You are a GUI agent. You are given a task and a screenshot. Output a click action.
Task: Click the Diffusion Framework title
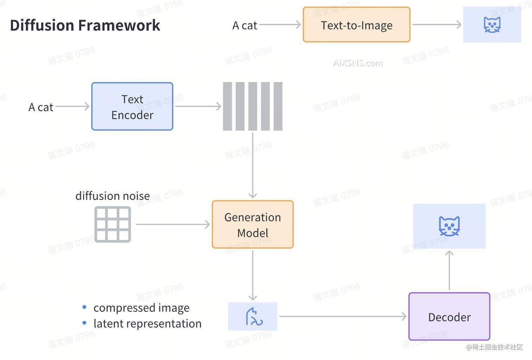tap(85, 25)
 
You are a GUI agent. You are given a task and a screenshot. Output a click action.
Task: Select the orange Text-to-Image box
tap(356, 25)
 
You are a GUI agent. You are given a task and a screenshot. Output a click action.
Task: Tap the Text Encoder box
tap(132, 107)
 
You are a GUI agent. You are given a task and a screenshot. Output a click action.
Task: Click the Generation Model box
tap(253, 225)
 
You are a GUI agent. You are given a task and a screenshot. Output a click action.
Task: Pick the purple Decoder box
tap(449, 317)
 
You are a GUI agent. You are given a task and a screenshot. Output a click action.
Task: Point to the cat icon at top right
tap(492, 25)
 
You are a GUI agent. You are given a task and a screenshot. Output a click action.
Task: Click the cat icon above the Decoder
tap(449, 226)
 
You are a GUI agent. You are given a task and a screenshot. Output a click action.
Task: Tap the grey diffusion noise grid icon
tap(113, 224)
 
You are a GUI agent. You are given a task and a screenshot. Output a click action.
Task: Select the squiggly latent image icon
tap(253, 316)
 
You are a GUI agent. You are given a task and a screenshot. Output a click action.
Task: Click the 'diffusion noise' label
tap(113, 196)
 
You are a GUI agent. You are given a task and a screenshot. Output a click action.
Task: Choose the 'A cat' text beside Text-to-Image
tap(245, 25)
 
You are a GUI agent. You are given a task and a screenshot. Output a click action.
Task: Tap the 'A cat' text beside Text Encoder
tap(41, 107)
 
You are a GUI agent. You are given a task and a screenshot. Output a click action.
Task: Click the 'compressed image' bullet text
tap(141, 308)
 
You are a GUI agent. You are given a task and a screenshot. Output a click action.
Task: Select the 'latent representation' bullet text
tap(147, 323)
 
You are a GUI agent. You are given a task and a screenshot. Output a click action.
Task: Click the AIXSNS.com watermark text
tap(358, 63)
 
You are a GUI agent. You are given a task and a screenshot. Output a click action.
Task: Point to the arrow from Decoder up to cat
tap(449, 270)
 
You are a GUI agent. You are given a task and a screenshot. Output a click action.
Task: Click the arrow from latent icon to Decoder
tap(343, 316)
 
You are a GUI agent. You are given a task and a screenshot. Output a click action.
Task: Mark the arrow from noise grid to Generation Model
tap(173, 224)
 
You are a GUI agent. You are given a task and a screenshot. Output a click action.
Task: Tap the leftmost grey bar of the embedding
tap(227, 106)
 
